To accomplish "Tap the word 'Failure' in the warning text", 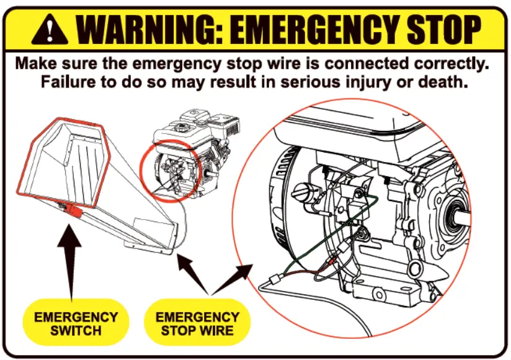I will pos(68,82).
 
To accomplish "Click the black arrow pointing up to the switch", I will pos(73,261).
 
